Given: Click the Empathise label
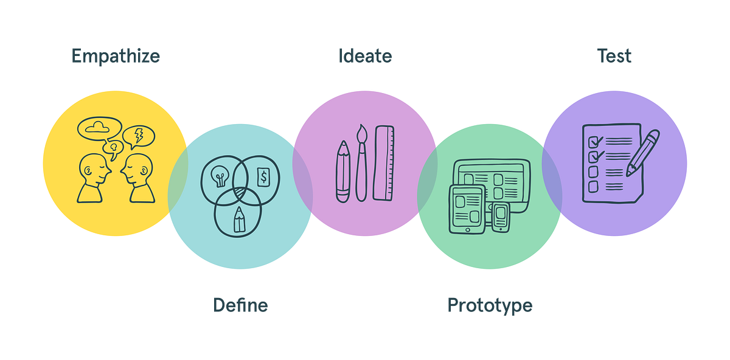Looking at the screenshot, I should [x=116, y=56].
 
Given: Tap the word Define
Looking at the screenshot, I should [x=240, y=305].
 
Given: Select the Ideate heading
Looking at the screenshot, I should [x=365, y=56].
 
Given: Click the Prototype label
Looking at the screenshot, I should [x=490, y=305].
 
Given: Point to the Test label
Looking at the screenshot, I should [x=614, y=56].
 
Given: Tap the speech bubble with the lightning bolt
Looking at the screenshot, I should [x=139, y=136].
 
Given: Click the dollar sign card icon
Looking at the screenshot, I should [x=263, y=176].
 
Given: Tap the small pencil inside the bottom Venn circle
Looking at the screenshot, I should [x=239, y=219].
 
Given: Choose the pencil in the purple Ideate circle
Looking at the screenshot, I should [x=343, y=171].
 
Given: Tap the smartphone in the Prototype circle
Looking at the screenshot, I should [x=500, y=217].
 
